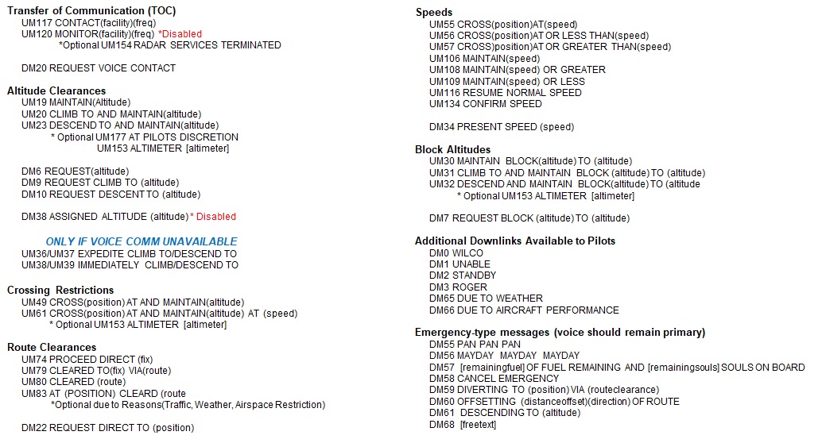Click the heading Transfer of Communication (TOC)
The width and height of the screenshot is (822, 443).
(x=91, y=11)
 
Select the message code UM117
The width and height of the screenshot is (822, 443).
(x=37, y=23)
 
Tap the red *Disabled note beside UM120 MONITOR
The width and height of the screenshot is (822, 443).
(x=180, y=34)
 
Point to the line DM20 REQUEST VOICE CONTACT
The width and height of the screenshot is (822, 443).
(x=98, y=68)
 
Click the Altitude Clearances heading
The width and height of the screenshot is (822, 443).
(x=56, y=91)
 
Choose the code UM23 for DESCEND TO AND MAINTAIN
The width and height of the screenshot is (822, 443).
(x=34, y=125)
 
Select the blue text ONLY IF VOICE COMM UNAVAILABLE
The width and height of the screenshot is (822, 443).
(x=142, y=241)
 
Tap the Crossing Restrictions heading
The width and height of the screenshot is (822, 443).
(x=60, y=290)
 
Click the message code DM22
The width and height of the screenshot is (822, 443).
(x=34, y=428)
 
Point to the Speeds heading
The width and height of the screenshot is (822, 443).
(x=434, y=13)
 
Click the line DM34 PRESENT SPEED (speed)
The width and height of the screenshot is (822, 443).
(x=501, y=127)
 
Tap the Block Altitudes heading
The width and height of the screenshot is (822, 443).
(x=452, y=149)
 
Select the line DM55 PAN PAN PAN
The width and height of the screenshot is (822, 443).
(x=475, y=345)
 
